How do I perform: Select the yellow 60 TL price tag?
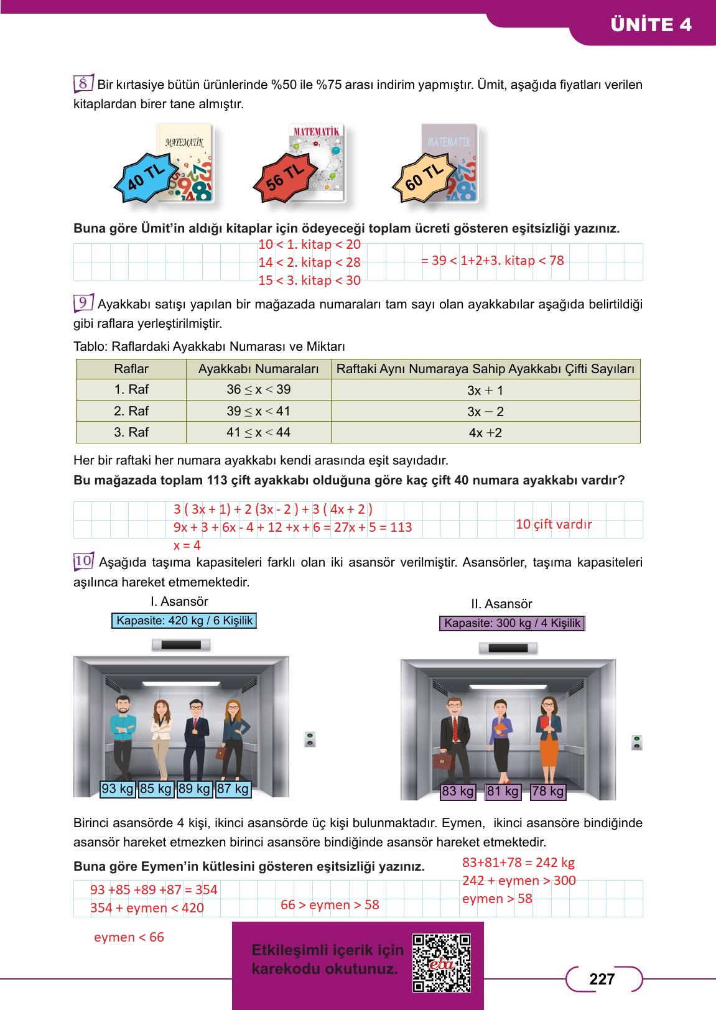[424, 178]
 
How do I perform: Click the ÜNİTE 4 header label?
[651, 25]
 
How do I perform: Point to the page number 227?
[602, 980]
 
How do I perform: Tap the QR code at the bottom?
[442, 963]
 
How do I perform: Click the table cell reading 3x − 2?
[485, 412]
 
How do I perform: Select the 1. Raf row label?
[131, 389]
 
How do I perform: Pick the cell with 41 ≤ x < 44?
[258, 432]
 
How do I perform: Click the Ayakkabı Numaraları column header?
[258, 369]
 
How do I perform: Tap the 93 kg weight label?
[118, 789]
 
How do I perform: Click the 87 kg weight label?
[233, 789]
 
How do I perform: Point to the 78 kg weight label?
[548, 792]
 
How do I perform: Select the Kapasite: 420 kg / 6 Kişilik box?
[185, 621]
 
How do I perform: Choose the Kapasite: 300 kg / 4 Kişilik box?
[512, 623]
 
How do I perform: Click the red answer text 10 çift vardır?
[554, 524]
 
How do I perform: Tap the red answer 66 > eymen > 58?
[330, 905]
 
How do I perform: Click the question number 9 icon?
[83, 303]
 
